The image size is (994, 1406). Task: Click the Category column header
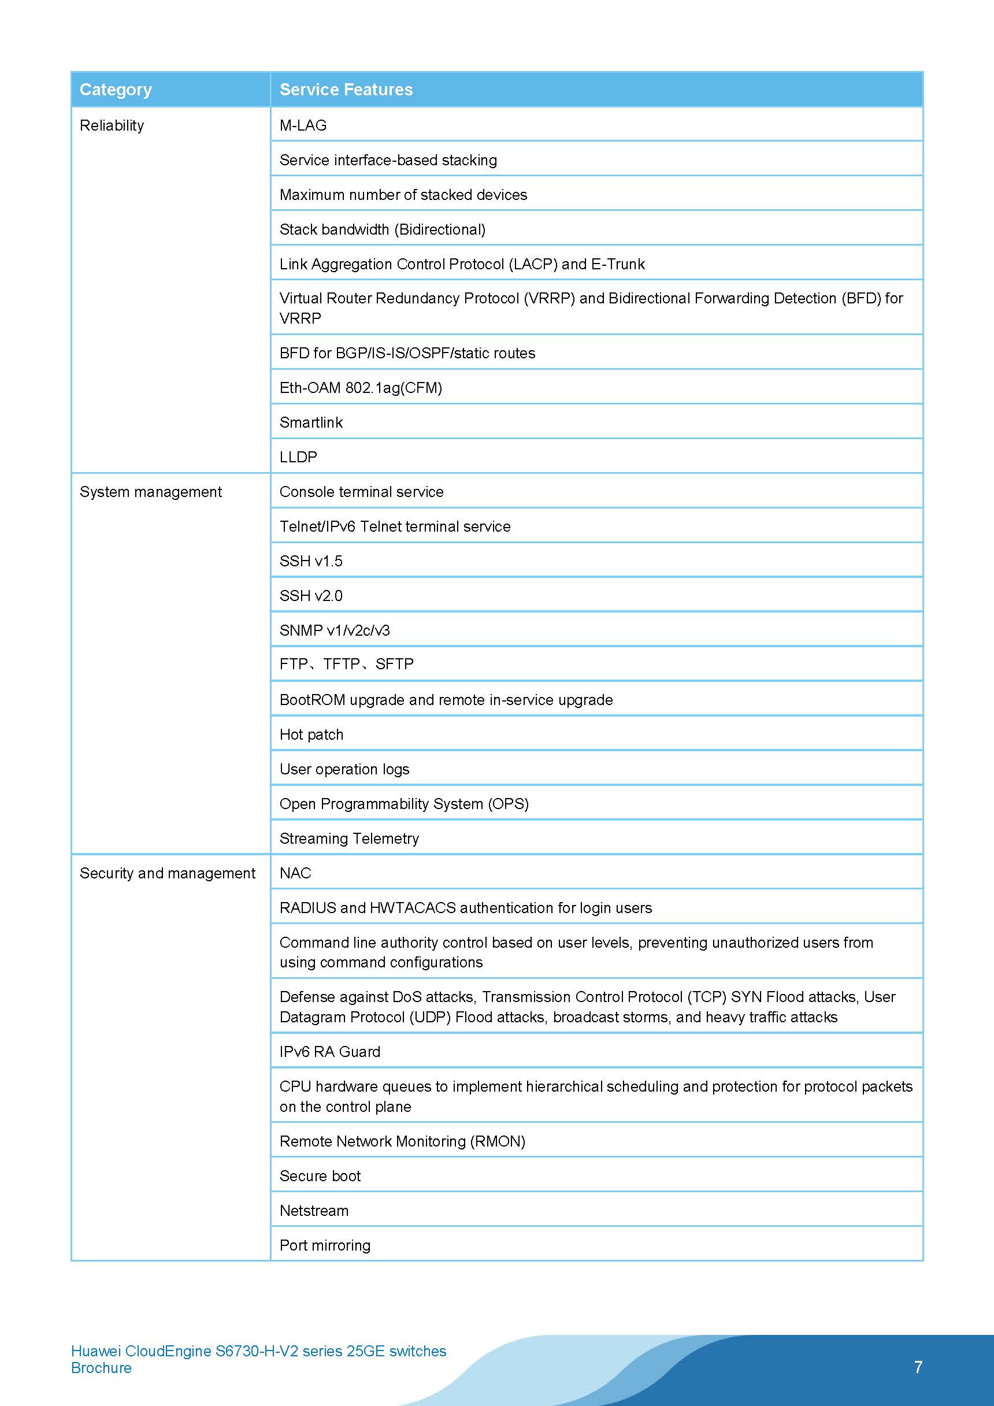[116, 90]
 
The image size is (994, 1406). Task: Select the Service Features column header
[346, 90]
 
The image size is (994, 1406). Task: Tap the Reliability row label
[112, 125]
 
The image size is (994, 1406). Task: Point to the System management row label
[151, 492]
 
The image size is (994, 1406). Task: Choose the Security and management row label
[167, 873]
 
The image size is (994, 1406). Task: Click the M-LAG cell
[303, 125]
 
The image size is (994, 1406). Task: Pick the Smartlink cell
[311, 422]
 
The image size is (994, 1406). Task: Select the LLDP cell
[298, 457]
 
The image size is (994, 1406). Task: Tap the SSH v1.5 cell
[311, 561]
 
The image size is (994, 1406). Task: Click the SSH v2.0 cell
[311, 596]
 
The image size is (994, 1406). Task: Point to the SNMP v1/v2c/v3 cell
[335, 630]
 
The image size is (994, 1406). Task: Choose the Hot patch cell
[311, 734]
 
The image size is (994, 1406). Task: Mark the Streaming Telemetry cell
[349, 839]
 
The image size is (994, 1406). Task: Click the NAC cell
[295, 873]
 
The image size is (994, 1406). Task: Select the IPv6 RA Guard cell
[329, 1051]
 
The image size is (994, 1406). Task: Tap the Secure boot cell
[320, 1176]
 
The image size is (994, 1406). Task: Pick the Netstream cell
[314, 1211]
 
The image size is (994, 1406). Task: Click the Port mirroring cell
[325, 1245]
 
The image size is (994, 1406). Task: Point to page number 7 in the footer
[918, 1367]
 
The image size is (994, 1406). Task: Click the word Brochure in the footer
[101, 1368]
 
